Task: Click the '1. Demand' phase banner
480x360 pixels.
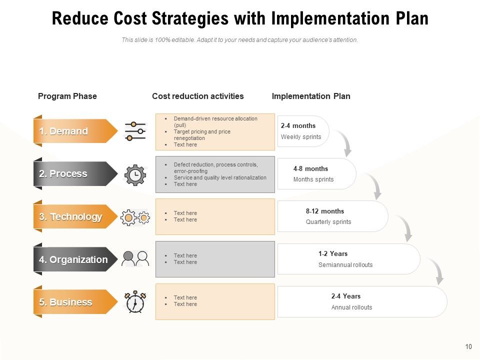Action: point(75,131)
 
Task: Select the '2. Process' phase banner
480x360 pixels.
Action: point(75,174)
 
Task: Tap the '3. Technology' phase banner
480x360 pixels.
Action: point(75,217)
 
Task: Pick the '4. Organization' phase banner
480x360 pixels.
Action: point(75,259)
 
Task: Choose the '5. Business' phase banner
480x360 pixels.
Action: point(75,302)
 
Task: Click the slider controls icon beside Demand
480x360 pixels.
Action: point(135,131)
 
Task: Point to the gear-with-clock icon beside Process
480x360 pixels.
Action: point(135,174)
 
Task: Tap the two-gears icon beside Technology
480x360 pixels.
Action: point(135,217)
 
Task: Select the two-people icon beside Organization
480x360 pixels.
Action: point(135,259)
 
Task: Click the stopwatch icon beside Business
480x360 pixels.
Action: point(135,302)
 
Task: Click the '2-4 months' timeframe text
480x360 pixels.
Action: point(298,126)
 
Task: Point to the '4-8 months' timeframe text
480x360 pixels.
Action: point(310,169)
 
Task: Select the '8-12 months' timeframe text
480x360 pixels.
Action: point(325,211)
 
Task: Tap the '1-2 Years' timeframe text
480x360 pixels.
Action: point(333,254)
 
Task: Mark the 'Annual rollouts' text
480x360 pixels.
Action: point(351,307)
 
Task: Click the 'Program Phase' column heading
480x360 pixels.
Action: point(67,96)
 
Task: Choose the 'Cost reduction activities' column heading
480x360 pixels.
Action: point(198,96)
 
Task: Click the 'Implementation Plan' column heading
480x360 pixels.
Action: point(311,96)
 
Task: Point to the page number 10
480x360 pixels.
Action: point(468,346)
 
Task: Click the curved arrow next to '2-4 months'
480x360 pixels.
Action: point(343,142)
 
